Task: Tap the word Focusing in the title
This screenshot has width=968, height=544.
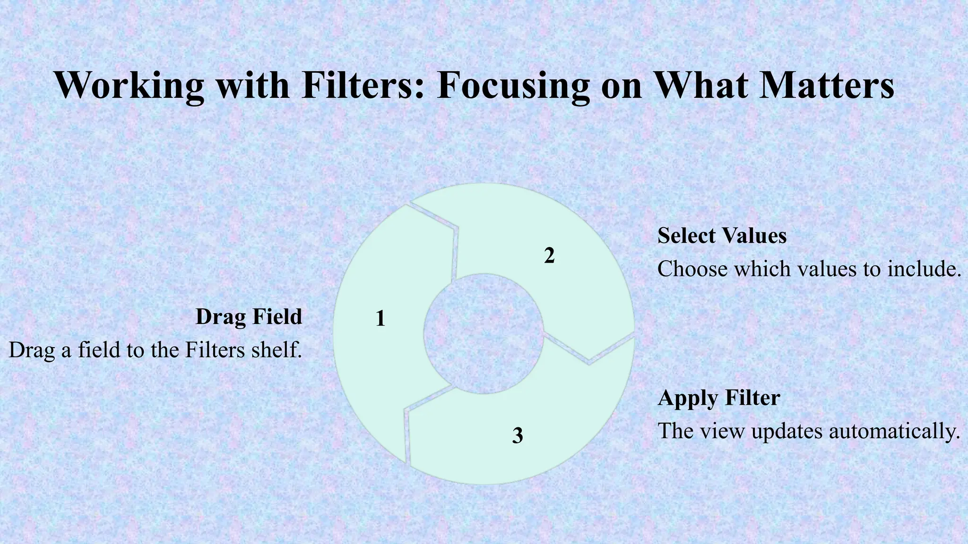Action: coord(513,85)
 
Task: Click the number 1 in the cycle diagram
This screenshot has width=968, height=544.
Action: coord(380,319)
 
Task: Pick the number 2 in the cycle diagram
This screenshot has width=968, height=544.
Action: coord(549,255)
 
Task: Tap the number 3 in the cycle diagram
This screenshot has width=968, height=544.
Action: coord(518,435)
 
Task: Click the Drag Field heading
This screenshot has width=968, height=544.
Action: coord(249,316)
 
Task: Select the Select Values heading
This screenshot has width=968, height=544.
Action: coord(722,235)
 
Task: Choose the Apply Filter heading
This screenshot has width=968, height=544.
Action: coord(718,398)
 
